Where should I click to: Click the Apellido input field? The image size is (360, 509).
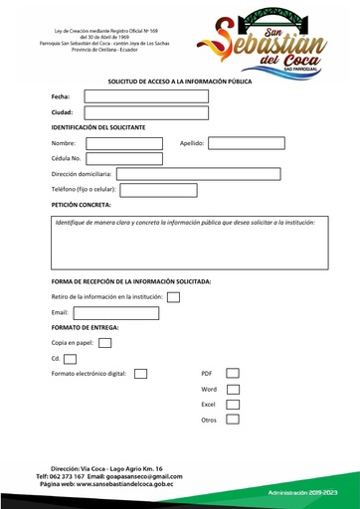246,143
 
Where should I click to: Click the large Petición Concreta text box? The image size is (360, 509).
189,243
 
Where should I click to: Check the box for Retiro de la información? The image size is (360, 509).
173,296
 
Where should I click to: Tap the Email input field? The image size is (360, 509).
115,312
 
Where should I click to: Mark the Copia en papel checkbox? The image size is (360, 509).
104,343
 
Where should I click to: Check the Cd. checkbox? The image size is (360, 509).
70,358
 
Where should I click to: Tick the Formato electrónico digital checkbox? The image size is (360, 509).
140,374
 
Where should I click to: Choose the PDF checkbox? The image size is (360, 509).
233,374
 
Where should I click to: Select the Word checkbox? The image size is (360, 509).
233,390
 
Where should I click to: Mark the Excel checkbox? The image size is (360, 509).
233,405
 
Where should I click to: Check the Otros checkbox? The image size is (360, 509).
233,421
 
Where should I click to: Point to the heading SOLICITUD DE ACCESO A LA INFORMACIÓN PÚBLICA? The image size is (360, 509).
180,81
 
